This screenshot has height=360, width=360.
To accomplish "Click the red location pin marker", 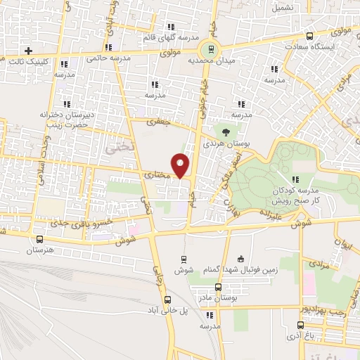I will click(x=181, y=165).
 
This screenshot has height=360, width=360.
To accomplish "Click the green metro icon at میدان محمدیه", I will click(x=208, y=48).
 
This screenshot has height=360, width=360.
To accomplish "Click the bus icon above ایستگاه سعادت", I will click(x=310, y=36).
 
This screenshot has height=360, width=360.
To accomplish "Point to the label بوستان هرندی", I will click(x=225, y=143).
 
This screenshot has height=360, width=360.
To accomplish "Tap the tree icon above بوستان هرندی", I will click(x=225, y=130).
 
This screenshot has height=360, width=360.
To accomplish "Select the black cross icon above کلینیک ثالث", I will click(x=28, y=51).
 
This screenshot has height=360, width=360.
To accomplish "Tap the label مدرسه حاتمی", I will click(x=105, y=58).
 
